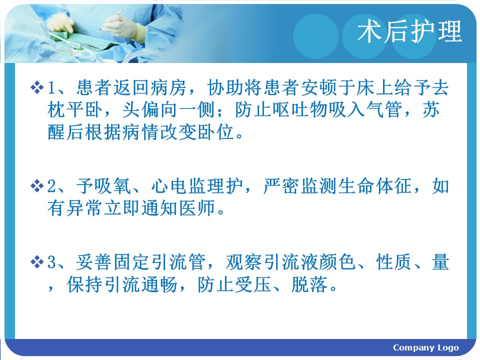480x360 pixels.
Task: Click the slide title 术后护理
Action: pyautogui.click(x=409, y=31)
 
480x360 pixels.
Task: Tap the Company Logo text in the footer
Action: pyautogui.click(x=426, y=348)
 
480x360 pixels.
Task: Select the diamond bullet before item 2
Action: pyautogui.click(x=37, y=186)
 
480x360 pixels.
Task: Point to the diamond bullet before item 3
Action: pyautogui.click(x=37, y=262)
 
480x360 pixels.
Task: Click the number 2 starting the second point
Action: pyautogui.click(x=51, y=186)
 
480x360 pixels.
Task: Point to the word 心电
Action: pyautogui.click(x=169, y=186)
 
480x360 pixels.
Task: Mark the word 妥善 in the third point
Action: pyautogui.click(x=94, y=262)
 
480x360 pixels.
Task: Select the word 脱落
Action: pyautogui.click(x=310, y=284)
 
